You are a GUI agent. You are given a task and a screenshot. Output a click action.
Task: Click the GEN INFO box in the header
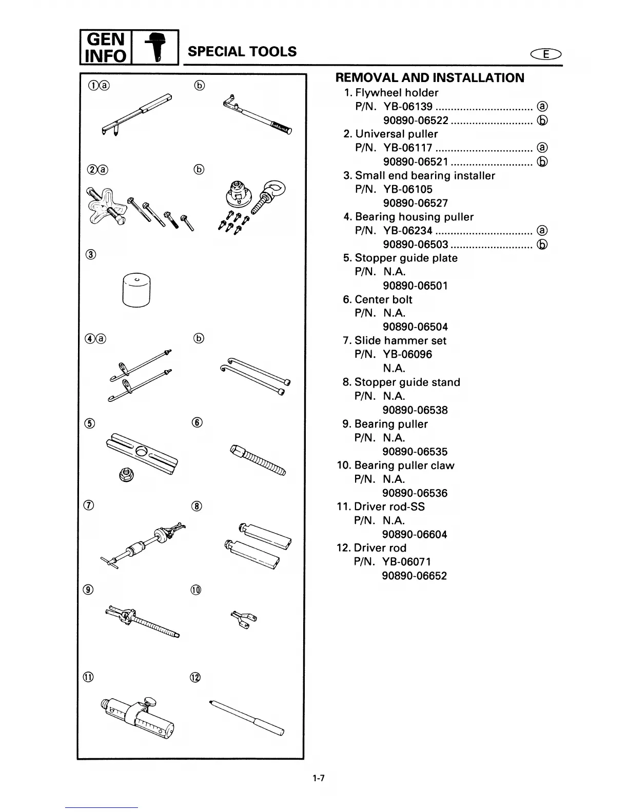106,47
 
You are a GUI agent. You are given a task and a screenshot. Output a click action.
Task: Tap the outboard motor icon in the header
156,48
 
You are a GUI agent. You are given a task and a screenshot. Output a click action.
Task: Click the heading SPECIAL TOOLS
242,51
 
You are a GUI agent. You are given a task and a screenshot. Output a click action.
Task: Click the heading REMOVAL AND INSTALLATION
429,78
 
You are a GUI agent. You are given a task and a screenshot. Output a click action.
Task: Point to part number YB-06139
408,107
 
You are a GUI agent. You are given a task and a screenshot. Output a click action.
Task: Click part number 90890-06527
415,203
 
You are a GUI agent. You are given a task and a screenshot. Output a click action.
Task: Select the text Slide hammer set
400,340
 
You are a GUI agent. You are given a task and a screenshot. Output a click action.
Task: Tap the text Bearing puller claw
404,465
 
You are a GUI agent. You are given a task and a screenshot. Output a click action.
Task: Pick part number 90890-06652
414,576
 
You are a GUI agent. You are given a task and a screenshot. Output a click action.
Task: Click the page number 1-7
318,778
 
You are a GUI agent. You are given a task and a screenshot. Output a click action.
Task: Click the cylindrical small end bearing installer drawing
136,290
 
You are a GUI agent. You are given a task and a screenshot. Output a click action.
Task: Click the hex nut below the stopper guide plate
124,475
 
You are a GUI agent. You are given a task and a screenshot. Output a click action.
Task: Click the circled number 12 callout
195,677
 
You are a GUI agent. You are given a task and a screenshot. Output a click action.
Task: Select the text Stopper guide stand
407,382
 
